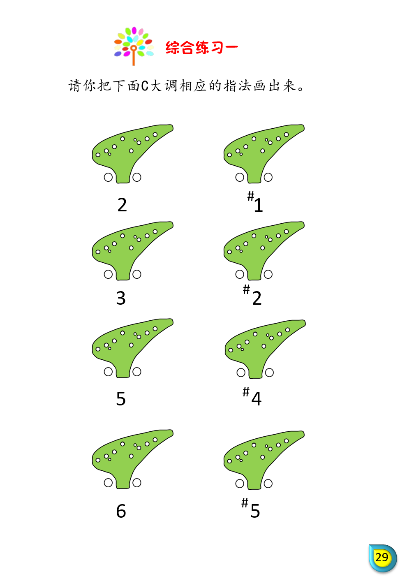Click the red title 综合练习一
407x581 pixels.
pos(201,47)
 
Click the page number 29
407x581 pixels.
pos(382,557)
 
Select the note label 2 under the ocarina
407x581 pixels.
pos(122,205)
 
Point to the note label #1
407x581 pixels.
pos(255,202)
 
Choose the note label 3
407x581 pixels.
pos(121,298)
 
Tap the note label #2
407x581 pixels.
pos(252,295)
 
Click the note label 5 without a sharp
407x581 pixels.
pos(121,398)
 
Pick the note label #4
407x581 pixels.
pos(252,396)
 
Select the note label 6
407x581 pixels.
pos(121,511)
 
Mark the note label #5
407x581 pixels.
pos(251,508)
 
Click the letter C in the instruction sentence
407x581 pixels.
pos(145,86)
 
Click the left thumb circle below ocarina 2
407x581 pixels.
pos(108,177)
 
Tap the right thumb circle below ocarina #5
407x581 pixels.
pos(268,484)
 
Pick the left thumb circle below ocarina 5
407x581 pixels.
pos(108,372)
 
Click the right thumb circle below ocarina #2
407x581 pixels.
pos(268,274)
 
